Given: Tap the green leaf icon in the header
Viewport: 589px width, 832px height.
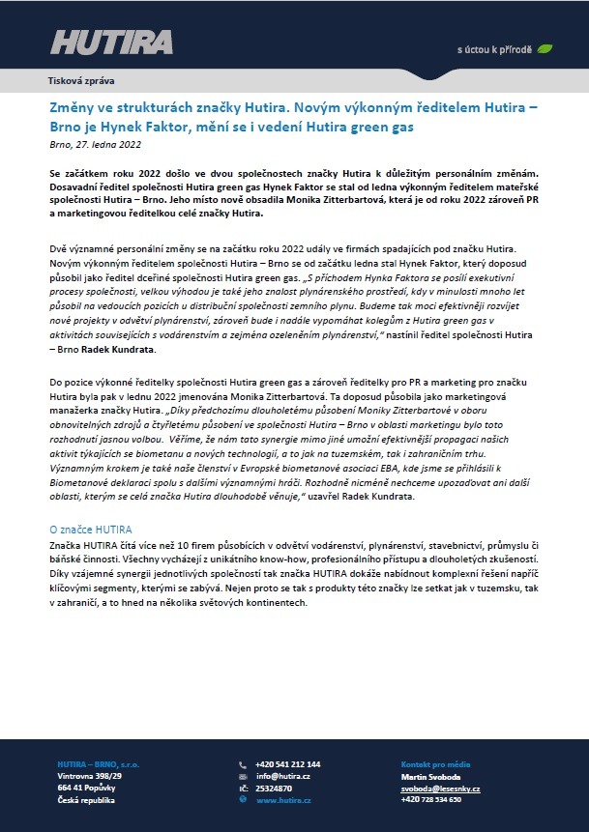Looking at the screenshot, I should tap(545, 47).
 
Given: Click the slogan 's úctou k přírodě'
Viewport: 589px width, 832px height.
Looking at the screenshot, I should tap(495, 48).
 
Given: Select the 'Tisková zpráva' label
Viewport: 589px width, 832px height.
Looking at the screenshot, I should tap(81, 81).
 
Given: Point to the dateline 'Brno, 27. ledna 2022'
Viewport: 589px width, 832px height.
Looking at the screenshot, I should tap(95, 144).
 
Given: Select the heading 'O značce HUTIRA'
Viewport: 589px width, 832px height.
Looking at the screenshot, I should tap(90, 531).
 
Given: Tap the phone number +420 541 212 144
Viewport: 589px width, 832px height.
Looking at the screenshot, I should tap(288, 764).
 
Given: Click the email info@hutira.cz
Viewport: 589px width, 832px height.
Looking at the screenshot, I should tap(282, 776).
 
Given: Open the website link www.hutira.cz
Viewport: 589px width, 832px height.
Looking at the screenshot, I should tap(283, 801).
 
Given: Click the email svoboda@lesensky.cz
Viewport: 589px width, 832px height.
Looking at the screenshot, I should tap(440, 789).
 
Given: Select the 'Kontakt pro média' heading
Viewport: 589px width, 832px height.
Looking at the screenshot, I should tap(434, 764).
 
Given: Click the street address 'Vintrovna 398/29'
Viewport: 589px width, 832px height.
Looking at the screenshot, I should tap(90, 776).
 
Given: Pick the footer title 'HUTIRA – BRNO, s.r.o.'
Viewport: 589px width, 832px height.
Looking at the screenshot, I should tap(98, 764).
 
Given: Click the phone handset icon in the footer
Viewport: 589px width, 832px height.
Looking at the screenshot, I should tap(243, 764).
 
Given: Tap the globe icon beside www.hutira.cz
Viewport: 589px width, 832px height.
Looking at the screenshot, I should tap(243, 801).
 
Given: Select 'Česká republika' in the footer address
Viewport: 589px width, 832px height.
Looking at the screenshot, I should tap(86, 800).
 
